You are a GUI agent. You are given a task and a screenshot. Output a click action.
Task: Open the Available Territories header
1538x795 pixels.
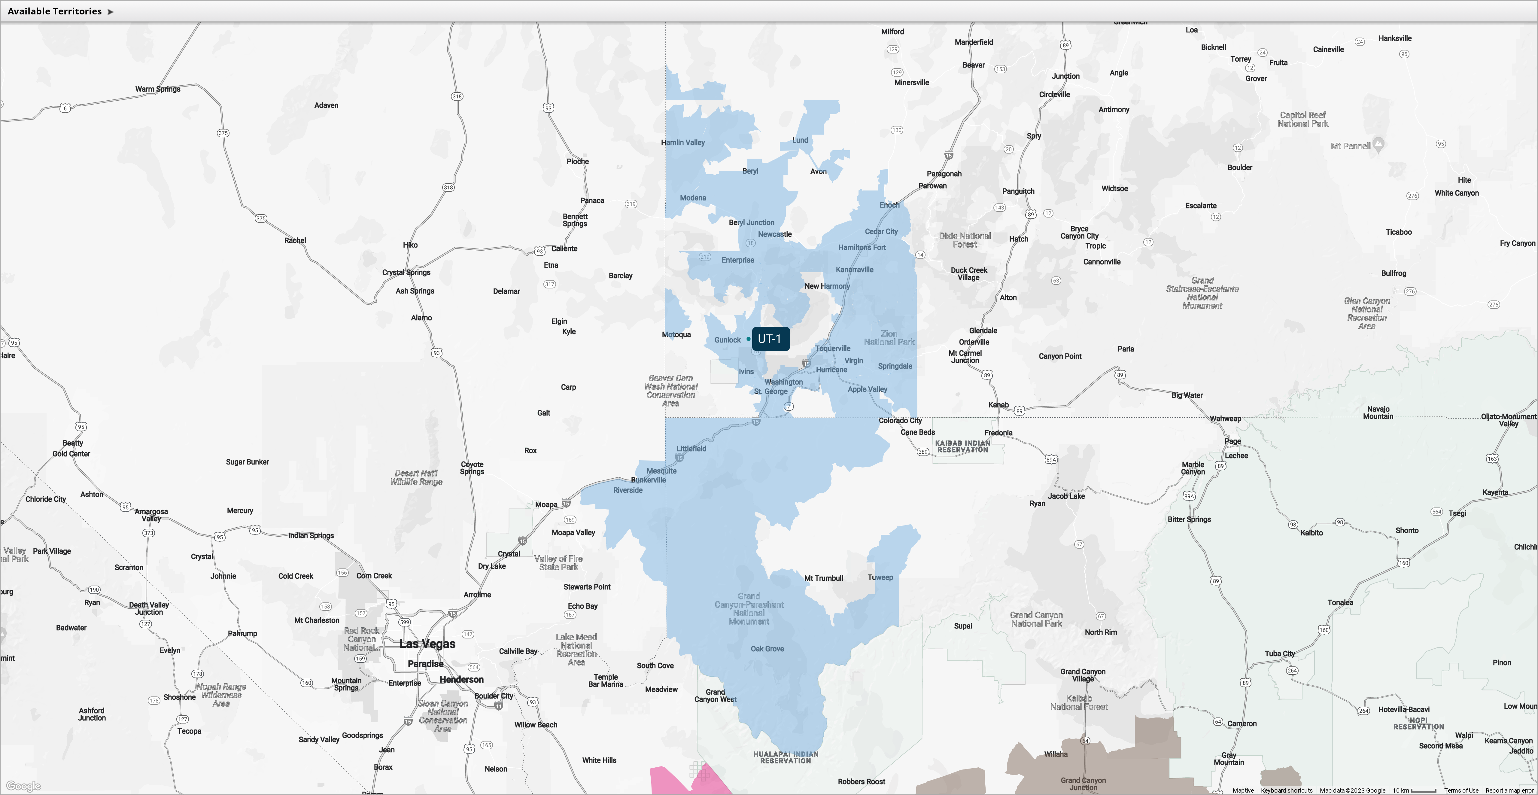[60, 11]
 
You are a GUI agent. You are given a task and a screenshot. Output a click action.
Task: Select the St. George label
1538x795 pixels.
[771, 391]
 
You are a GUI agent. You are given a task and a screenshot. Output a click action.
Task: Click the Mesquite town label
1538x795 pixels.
[661, 471]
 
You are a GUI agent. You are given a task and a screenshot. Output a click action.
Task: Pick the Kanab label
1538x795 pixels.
[998, 405]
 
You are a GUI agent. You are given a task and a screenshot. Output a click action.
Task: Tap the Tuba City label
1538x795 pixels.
[1279, 653]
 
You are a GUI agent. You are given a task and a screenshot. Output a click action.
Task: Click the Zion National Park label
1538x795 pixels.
[889, 338]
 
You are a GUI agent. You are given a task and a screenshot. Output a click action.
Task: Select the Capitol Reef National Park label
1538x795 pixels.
[1303, 120]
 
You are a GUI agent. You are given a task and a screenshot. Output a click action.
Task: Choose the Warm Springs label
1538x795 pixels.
[158, 89]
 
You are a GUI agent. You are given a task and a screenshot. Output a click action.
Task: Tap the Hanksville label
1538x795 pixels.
[1395, 38]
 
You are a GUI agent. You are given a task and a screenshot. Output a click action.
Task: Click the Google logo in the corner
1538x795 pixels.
[23, 786]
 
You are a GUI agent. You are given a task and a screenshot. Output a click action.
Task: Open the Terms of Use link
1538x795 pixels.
[1461, 790]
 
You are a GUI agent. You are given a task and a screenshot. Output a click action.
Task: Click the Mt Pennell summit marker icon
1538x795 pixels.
[1378, 144]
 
